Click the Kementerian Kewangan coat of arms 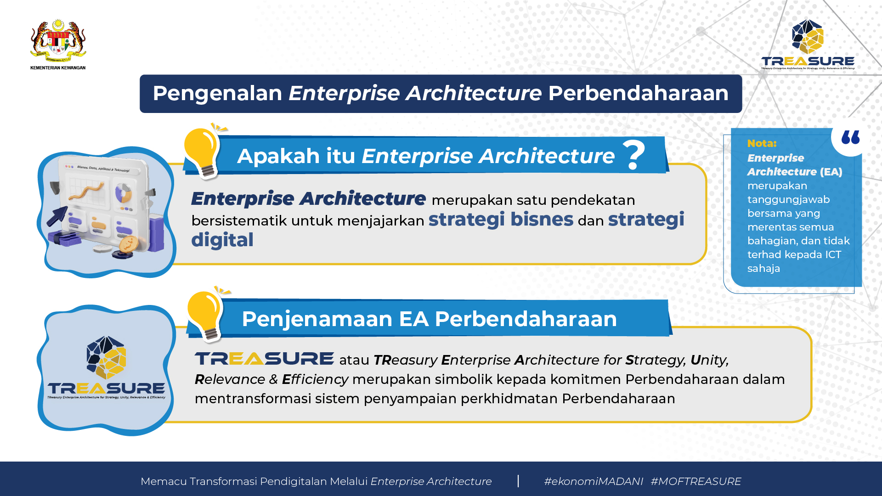click(58, 40)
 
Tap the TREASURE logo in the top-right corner click(808, 45)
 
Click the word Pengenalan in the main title click(217, 94)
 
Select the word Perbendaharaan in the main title click(638, 93)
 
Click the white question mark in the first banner click(634, 155)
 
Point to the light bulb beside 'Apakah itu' click(203, 152)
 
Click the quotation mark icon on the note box click(850, 137)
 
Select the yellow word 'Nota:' click(762, 143)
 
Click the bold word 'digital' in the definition click(222, 240)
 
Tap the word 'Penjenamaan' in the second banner click(317, 319)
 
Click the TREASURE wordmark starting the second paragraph click(264, 359)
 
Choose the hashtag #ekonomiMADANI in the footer click(594, 481)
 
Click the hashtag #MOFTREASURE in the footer click(696, 481)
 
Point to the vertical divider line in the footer click(518, 481)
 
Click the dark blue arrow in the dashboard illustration click(57, 216)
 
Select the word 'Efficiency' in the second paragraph click(315, 379)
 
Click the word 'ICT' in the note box click(833, 254)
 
